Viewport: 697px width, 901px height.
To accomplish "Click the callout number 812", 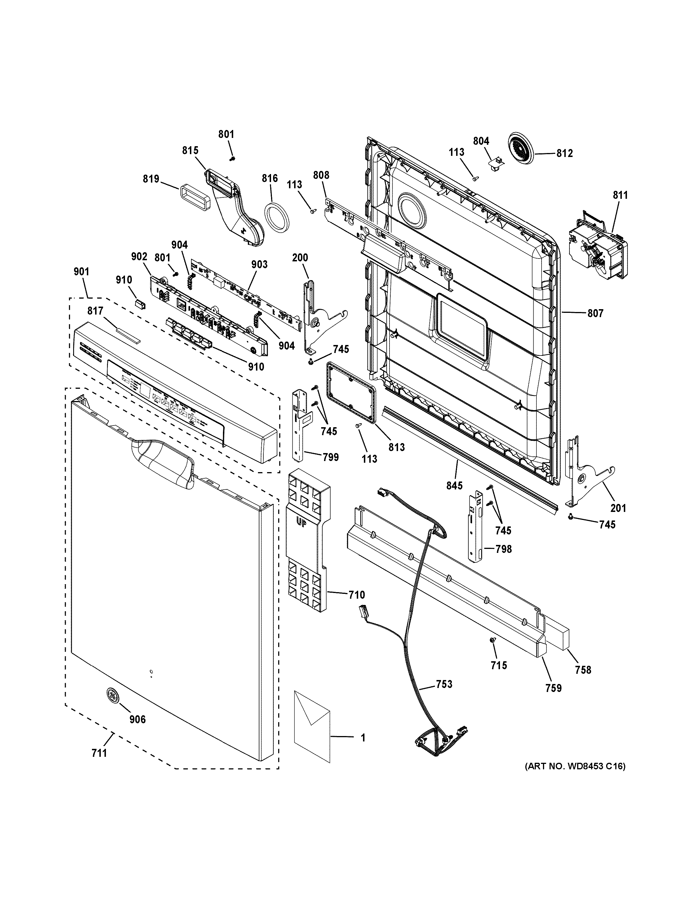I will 564,154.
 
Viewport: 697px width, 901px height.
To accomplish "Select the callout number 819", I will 151,179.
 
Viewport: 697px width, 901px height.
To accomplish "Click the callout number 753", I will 444,684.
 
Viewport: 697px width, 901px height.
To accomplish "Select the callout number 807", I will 595,313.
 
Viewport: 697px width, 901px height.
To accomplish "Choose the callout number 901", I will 81,272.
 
